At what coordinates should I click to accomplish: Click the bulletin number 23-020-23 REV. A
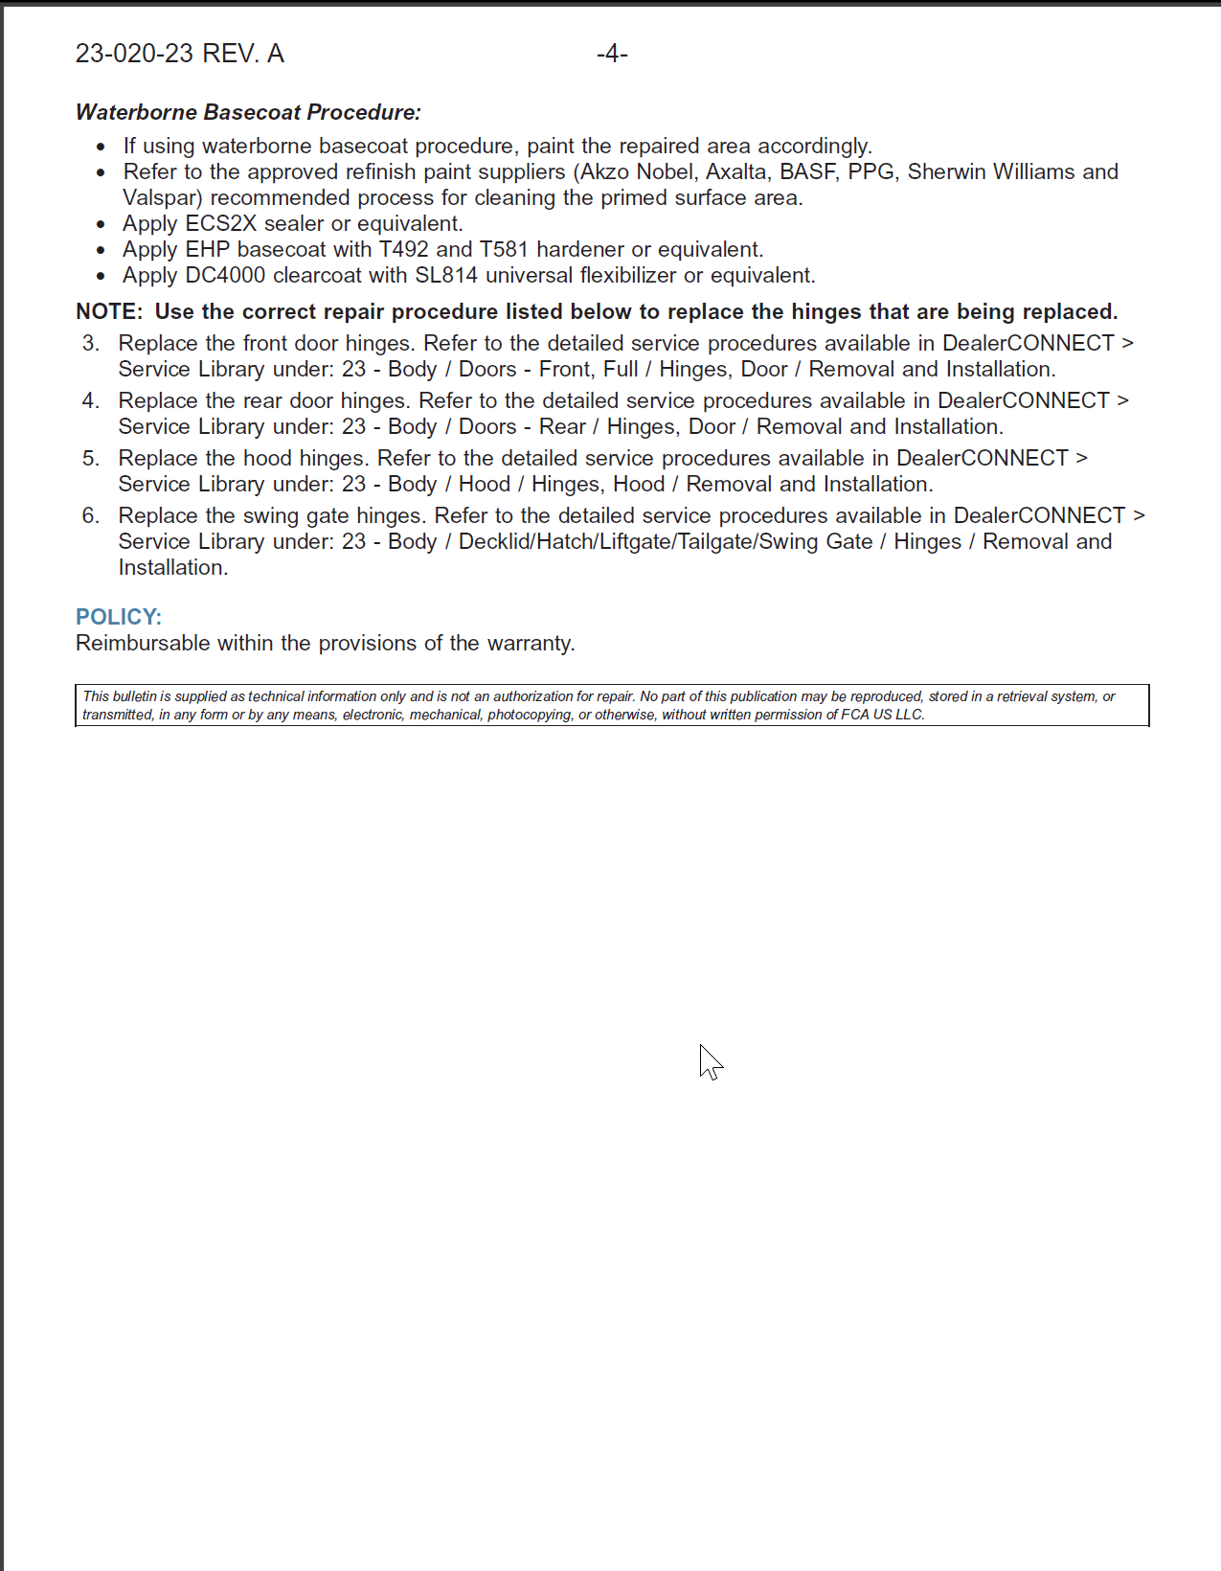(x=179, y=54)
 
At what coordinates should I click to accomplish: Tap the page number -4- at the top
(x=612, y=54)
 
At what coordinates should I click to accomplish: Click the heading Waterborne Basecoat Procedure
(x=248, y=112)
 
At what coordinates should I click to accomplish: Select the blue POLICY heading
(x=119, y=617)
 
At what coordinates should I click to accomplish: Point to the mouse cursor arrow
(x=709, y=1060)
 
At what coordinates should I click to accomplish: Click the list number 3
(x=90, y=343)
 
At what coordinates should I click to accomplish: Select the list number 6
(x=90, y=515)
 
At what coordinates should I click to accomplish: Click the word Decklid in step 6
(x=494, y=541)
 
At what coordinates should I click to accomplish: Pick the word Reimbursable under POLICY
(x=143, y=643)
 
